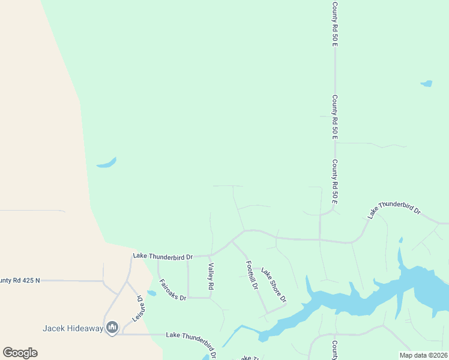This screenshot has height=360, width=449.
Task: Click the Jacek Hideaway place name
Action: click(x=73, y=328)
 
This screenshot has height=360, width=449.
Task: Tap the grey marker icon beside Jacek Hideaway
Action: click(x=112, y=327)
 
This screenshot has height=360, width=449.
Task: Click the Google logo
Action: click(x=20, y=352)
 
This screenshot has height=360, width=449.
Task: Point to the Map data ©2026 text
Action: click(x=423, y=355)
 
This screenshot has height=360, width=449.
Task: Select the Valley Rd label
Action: click(x=211, y=277)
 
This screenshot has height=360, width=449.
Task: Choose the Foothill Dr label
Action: click(x=252, y=274)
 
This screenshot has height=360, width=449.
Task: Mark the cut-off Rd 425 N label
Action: click(x=20, y=280)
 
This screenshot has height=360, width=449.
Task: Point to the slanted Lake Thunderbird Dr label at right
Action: click(x=394, y=209)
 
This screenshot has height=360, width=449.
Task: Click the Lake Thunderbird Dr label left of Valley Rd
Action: click(x=163, y=256)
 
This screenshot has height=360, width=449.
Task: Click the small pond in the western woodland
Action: click(x=107, y=163)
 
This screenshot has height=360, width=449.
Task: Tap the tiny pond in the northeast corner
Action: click(x=426, y=83)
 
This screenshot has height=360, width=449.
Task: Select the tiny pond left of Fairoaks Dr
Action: click(x=151, y=293)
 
